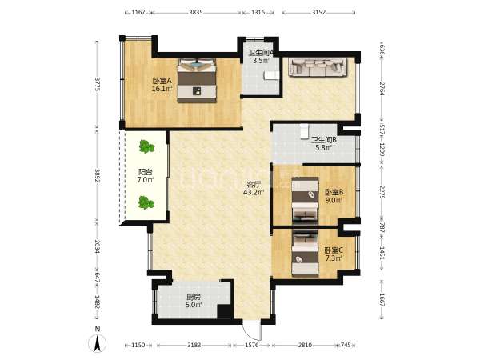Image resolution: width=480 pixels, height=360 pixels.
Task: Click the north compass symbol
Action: click(x=98, y=343)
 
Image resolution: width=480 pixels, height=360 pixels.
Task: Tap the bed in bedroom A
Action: click(x=197, y=80)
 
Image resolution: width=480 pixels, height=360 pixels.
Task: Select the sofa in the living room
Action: click(x=318, y=67)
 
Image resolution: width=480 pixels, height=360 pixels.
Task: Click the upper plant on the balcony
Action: click(x=146, y=146)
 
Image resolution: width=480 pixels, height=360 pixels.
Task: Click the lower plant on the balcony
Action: click(x=146, y=202)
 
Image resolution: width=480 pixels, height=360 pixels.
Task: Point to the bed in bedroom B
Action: click(x=305, y=199)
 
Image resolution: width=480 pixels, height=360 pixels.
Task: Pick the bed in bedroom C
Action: click(x=306, y=253)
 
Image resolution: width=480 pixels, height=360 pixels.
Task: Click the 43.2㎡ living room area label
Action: click(x=254, y=192)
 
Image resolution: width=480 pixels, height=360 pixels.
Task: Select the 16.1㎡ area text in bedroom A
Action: click(x=162, y=89)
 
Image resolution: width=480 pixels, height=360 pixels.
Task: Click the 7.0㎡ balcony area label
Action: click(x=146, y=180)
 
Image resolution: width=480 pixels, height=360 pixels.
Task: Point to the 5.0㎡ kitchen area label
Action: click(x=194, y=305)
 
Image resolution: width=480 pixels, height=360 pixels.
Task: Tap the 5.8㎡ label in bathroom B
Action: click(x=324, y=148)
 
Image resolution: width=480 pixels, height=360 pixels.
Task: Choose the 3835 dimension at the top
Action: click(x=196, y=13)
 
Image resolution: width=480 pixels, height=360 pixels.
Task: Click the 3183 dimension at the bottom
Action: click(x=194, y=345)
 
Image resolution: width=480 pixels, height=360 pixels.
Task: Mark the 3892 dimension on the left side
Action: click(x=98, y=176)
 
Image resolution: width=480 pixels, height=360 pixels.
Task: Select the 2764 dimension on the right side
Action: click(x=382, y=89)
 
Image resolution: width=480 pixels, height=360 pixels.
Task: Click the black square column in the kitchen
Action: click(x=224, y=312)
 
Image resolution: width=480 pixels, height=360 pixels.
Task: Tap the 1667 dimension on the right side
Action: click(x=382, y=300)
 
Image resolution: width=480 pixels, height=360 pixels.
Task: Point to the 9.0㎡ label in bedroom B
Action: click(x=334, y=200)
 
